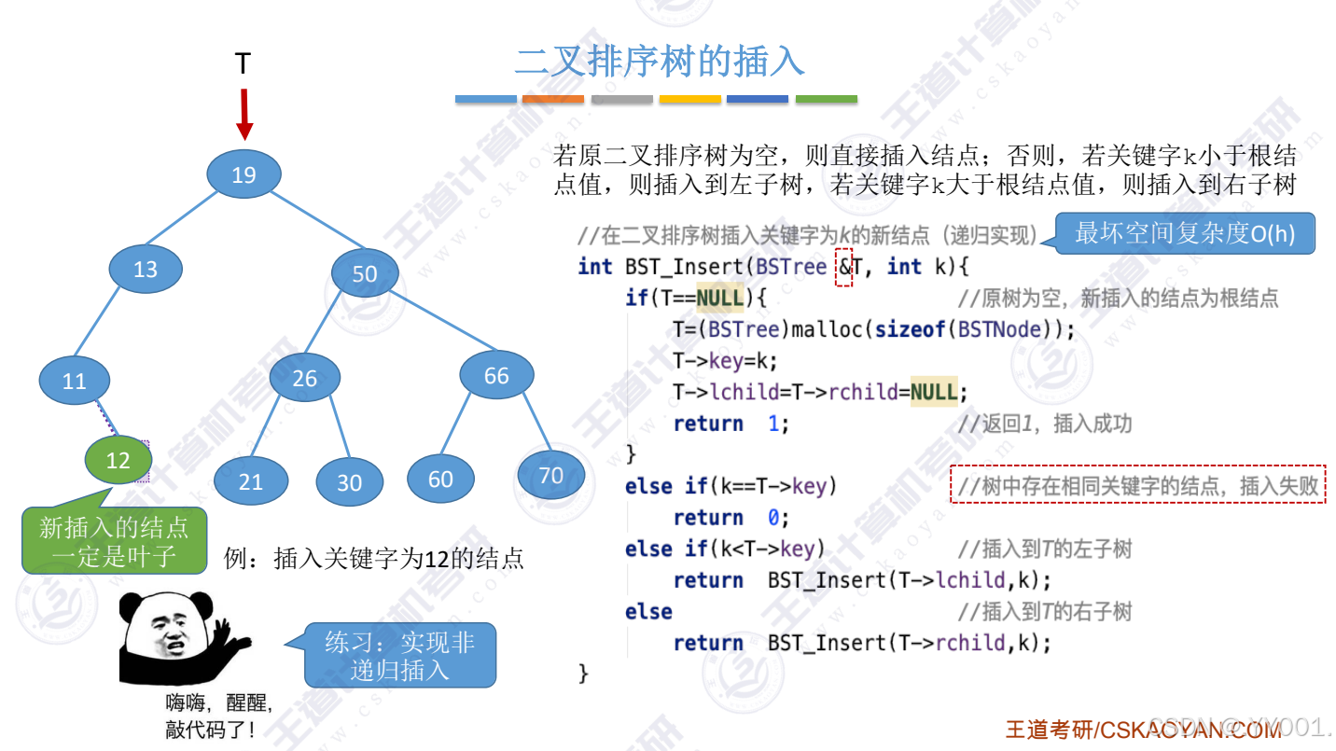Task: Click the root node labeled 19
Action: tap(244, 174)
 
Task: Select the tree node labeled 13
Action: tap(146, 270)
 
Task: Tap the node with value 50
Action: tap(365, 273)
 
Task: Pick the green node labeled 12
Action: tap(118, 460)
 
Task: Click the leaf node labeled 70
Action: tap(551, 476)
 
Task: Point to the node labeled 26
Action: tap(304, 378)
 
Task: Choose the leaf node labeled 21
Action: tap(251, 481)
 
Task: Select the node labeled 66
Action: tap(496, 375)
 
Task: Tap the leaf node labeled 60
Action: tap(440, 480)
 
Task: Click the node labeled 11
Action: tap(75, 381)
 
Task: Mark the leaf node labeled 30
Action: tap(349, 482)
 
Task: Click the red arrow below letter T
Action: tap(244, 114)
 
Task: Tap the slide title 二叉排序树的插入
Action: tap(660, 62)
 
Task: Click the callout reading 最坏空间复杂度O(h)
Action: tap(1185, 233)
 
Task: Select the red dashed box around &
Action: tap(843, 267)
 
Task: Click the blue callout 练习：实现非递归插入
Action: tap(400, 656)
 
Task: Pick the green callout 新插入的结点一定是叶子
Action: tap(114, 542)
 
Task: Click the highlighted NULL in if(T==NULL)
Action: tap(719, 298)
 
